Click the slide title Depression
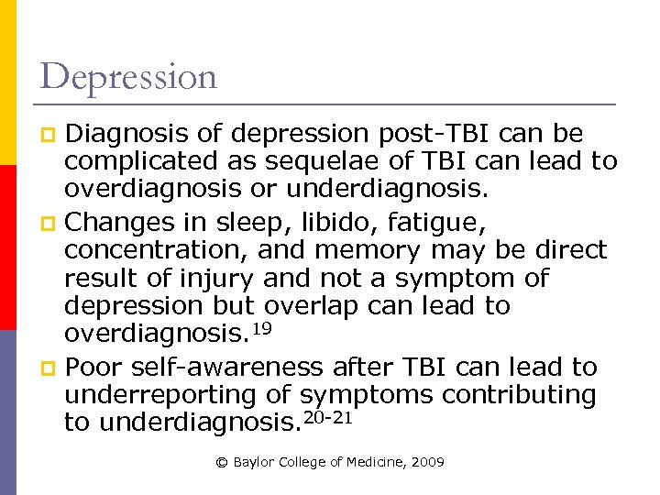tap(129, 77)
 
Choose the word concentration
tap(155, 249)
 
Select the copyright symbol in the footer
tap(221, 463)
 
